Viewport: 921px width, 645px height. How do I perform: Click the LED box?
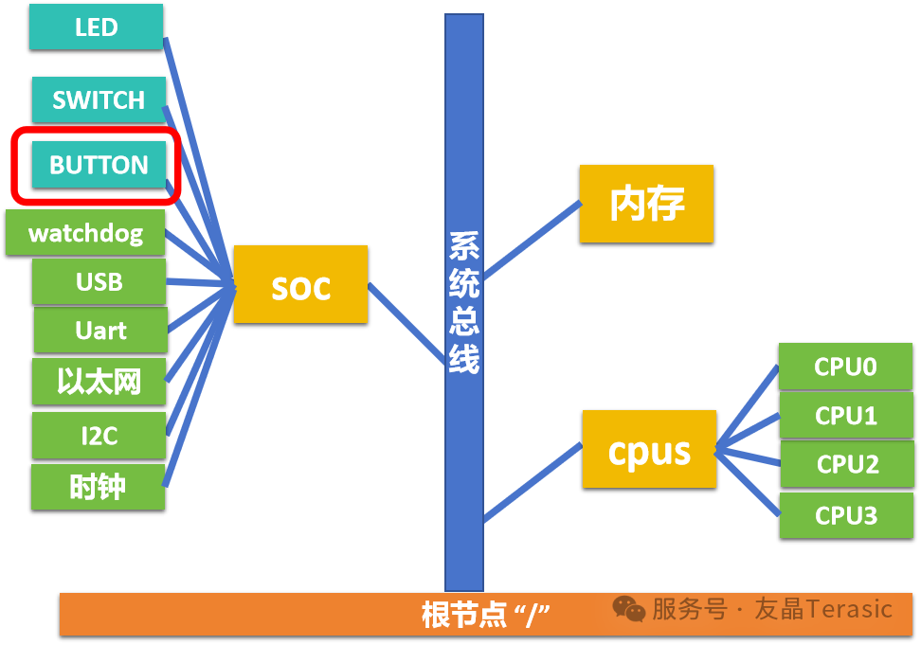point(97,27)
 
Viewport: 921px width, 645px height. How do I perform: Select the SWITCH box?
point(99,99)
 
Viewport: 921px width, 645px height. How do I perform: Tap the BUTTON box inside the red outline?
point(99,165)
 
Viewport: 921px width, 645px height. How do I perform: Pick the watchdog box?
point(85,233)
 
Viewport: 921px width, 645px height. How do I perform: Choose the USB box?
point(99,282)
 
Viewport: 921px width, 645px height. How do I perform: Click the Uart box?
point(101,331)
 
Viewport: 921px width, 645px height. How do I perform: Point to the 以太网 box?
point(99,382)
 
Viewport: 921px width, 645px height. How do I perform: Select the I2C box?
point(99,436)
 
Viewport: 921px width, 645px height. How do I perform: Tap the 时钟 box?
point(99,487)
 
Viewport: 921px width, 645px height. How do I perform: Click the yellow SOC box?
point(300,284)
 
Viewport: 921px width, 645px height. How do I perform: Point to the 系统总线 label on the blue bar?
point(464,303)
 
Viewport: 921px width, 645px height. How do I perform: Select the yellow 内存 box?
point(647,204)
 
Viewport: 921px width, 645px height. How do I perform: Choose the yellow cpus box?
point(649,449)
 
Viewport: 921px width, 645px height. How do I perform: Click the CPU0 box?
point(846,367)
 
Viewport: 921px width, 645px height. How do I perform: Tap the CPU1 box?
point(846,416)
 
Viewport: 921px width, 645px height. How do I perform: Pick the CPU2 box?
point(848,464)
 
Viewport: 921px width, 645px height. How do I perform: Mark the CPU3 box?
point(846,515)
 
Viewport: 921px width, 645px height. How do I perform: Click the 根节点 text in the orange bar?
point(464,615)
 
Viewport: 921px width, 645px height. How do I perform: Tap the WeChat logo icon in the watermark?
point(629,609)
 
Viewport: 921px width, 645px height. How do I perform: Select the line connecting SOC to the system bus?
point(406,323)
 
